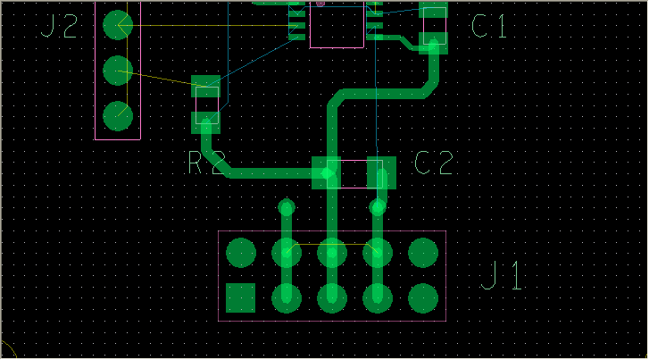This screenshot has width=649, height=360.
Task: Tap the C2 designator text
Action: [434, 163]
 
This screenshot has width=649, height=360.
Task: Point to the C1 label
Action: [489, 27]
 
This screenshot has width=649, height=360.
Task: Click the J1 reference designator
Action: [503, 276]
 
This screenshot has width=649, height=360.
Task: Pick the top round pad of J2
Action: [118, 24]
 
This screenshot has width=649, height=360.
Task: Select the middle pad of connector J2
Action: [118, 70]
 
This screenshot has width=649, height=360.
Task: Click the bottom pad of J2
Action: [118, 115]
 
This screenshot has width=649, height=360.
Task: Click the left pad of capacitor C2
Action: [327, 172]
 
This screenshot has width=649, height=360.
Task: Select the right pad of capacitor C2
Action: [381, 172]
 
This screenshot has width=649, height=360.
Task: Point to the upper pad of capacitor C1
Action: [434, 11]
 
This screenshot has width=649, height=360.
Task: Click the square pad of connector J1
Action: [241, 297]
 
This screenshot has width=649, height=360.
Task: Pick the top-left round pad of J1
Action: [241, 253]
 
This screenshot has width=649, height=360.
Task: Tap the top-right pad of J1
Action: [422, 253]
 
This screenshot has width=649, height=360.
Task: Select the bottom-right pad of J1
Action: [422, 297]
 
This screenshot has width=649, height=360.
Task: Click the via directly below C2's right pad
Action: [378, 208]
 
